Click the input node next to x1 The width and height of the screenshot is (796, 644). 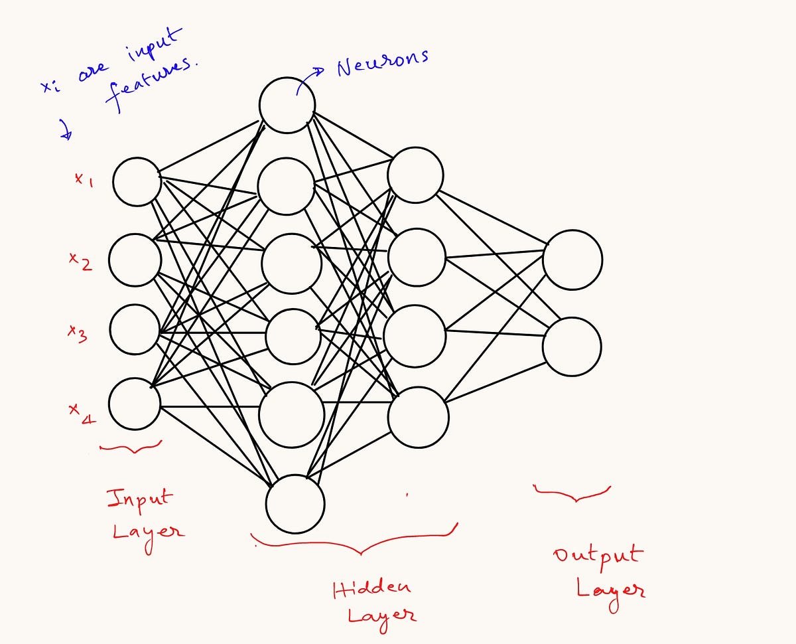point(137,181)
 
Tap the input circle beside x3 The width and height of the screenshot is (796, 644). point(135,329)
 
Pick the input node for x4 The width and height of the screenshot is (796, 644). point(135,404)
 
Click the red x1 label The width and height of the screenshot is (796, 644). point(83,179)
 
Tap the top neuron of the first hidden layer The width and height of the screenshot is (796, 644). point(287,105)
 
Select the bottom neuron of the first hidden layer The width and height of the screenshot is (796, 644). point(295,503)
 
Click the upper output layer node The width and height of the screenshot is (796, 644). point(572,260)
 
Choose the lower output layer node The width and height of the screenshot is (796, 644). point(572,347)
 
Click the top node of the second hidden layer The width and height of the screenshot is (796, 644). point(415,174)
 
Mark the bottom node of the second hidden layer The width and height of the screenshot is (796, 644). point(419,417)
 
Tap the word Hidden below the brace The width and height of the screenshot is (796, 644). point(371,588)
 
